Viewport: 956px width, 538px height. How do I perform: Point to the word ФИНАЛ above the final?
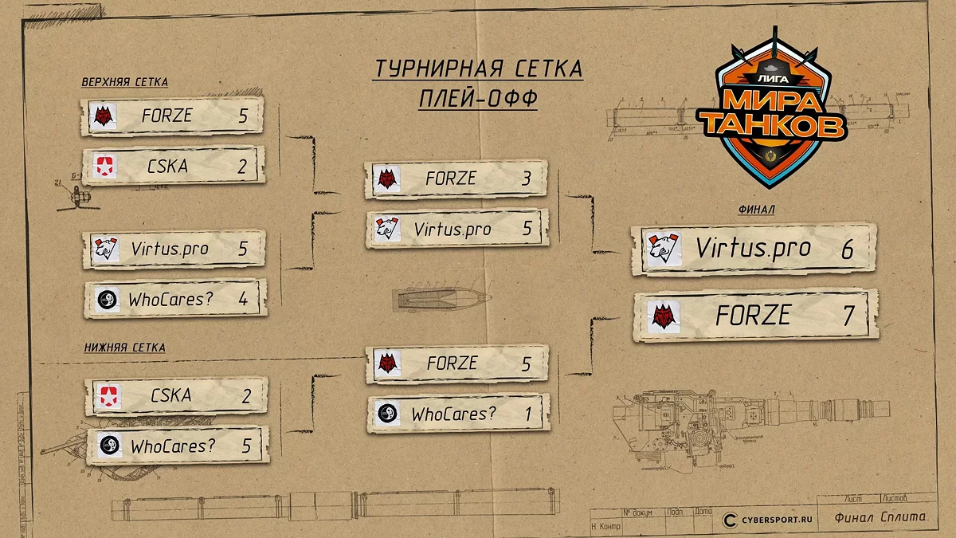point(757,210)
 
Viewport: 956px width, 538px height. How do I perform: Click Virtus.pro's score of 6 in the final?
point(846,249)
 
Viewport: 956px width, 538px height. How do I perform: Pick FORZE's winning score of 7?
point(848,316)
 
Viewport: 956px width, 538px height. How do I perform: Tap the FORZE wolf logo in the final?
point(664,317)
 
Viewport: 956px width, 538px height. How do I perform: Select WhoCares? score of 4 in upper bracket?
point(243,300)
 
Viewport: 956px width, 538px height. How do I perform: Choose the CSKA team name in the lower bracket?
point(170,395)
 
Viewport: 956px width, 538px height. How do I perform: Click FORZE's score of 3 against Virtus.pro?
point(526,179)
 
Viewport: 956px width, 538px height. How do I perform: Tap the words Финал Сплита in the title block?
point(880,517)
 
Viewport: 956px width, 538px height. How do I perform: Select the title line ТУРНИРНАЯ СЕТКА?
point(478,69)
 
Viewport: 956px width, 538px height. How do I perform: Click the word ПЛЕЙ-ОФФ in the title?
point(478,99)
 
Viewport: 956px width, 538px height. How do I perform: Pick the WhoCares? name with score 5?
point(173,446)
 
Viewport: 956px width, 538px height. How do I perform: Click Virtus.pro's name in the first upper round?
point(169,249)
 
